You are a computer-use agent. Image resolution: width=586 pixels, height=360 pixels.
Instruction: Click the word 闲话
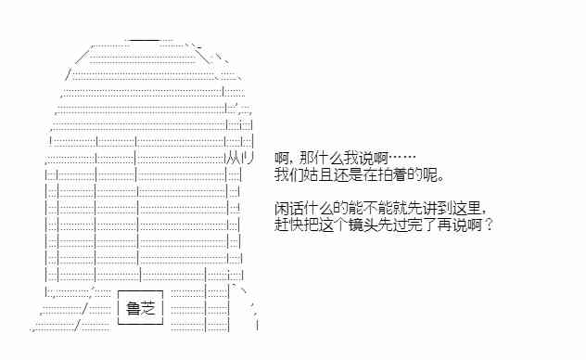point(288,209)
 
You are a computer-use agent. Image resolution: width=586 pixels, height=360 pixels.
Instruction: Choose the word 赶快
point(288,225)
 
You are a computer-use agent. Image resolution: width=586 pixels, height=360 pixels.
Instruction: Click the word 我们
point(288,174)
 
